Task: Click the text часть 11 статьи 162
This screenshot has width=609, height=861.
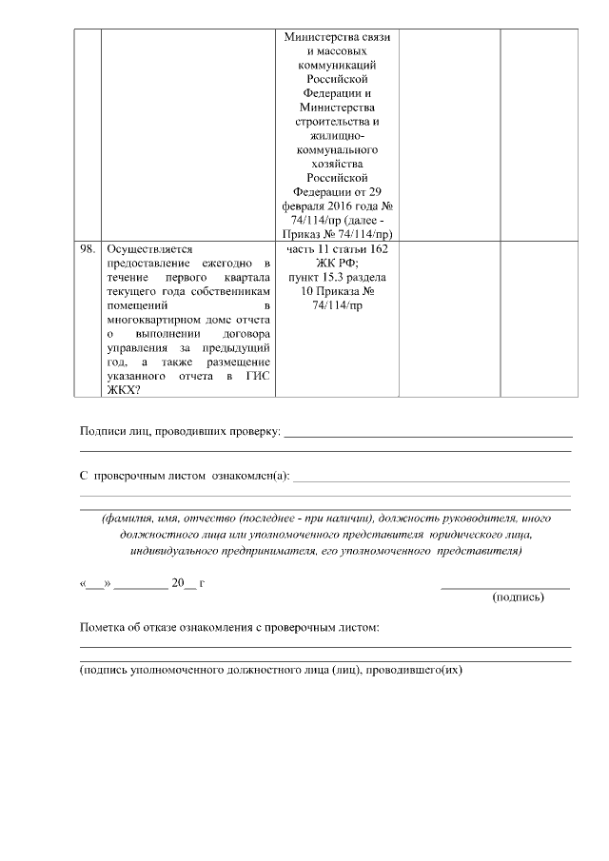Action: (x=337, y=248)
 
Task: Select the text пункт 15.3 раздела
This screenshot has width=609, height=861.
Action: (x=337, y=277)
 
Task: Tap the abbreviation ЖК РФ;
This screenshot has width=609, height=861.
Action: (x=337, y=263)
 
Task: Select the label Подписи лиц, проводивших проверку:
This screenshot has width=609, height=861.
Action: (x=180, y=433)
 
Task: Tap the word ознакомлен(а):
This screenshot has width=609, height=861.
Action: (x=248, y=476)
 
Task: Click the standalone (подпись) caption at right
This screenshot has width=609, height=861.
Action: (x=518, y=597)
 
